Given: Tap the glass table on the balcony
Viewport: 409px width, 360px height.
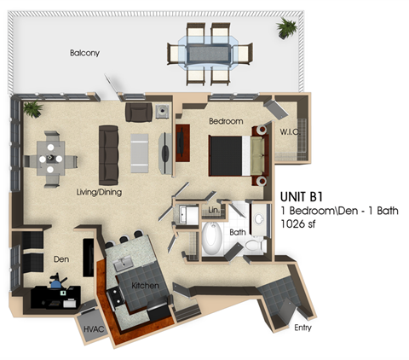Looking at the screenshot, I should pyautogui.click(x=210, y=52).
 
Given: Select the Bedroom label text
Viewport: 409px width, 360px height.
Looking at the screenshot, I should pyautogui.click(x=226, y=121).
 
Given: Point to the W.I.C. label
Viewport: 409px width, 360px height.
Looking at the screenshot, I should pyautogui.click(x=289, y=131).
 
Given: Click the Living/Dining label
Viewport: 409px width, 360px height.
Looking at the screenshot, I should pyautogui.click(x=98, y=192).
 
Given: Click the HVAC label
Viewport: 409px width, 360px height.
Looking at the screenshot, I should pyautogui.click(x=92, y=327).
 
